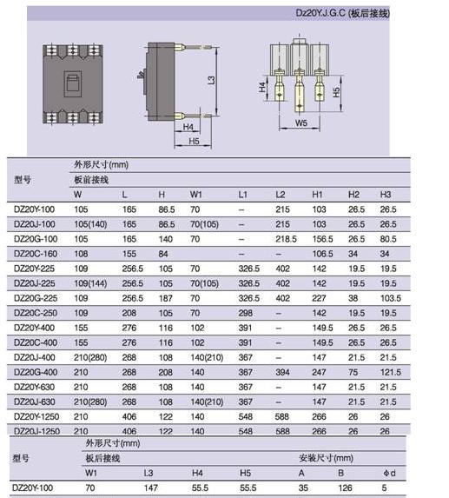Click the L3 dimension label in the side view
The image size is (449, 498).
pos(211,80)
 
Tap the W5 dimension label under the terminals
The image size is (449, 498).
pos(301,123)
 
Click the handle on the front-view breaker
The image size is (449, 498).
pos(73,83)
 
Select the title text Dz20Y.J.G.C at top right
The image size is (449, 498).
pos(320,13)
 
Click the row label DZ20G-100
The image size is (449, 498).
pos(36,239)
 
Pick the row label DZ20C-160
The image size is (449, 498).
pos(36,254)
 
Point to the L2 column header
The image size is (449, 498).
pos(281,195)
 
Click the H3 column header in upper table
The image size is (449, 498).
pos(386,195)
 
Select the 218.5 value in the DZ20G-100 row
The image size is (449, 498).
pos(286,239)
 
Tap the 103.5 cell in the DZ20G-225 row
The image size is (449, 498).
pos(391,298)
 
